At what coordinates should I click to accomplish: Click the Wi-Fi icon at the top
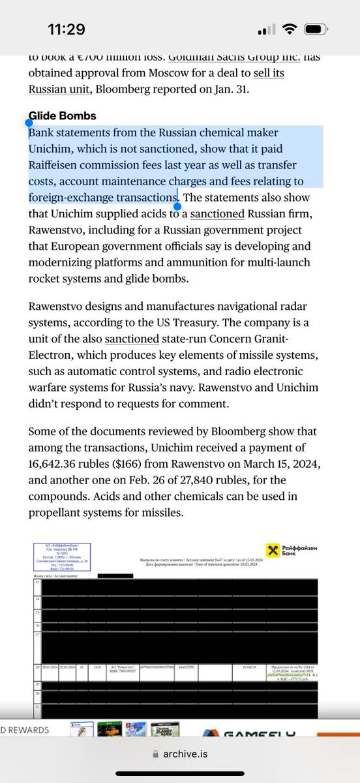click(292, 31)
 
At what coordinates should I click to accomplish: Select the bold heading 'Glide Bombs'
click(63, 115)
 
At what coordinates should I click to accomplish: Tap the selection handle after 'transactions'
click(177, 205)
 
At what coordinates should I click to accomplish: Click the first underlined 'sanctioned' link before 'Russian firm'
click(217, 213)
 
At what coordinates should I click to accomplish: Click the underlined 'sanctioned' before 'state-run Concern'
click(132, 339)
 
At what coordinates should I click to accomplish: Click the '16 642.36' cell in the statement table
click(246, 668)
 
